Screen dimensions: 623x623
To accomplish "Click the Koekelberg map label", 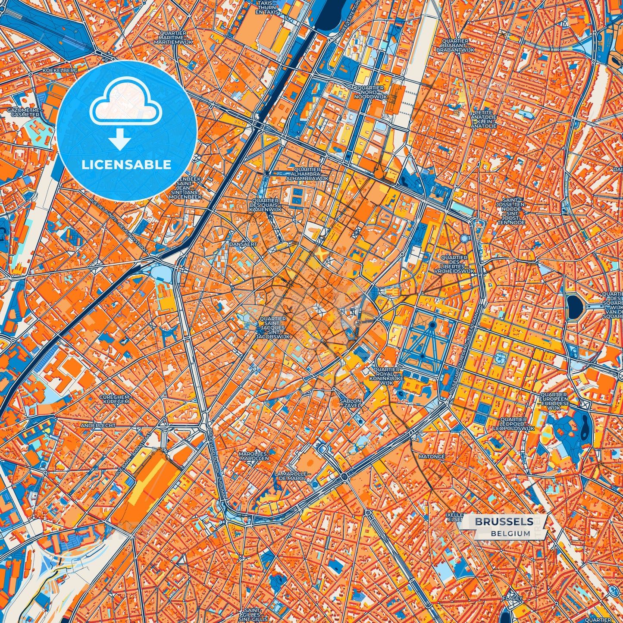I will pos(60,70).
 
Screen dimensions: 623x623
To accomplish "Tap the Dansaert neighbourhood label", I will pos(243,244).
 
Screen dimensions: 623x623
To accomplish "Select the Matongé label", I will pos(432,456).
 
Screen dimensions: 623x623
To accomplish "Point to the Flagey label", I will pos(512,598).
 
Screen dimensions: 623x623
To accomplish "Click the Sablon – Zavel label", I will pos(351,403).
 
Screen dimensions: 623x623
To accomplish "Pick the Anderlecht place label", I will pos(98,425).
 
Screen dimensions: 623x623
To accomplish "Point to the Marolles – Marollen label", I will pos(254,456).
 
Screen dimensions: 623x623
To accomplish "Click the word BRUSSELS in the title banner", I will pos(504,522).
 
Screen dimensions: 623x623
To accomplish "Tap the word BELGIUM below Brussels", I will pos(510,533).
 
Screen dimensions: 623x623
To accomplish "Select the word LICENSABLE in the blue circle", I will pos(126,165).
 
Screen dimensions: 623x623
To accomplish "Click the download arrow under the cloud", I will pos(120,140).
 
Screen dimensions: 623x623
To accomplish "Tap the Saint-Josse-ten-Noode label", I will pos(511,211).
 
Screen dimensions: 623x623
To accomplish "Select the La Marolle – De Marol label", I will pos(292,476).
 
